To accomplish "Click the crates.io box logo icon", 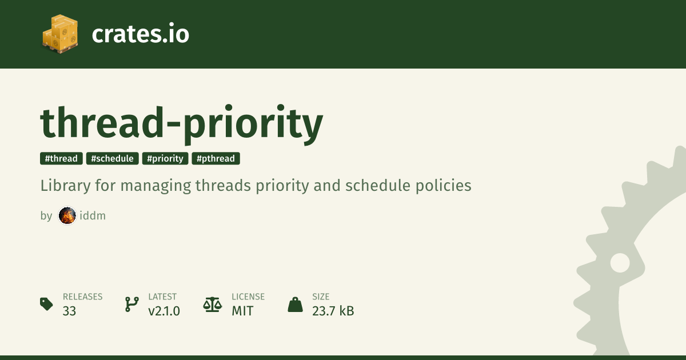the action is [x=60, y=34].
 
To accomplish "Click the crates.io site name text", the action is [x=141, y=34].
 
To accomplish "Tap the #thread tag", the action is [x=61, y=159].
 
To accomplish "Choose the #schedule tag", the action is [x=113, y=159].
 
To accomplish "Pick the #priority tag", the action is [x=165, y=159].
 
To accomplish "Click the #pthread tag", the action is [x=216, y=159].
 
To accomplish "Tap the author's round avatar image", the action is [x=67, y=215].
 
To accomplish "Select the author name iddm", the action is [x=93, y=215].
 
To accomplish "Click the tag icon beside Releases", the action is [x=46, y=304].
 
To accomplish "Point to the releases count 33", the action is [x=69, y=311].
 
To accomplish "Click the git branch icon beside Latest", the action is [x=132, y=304].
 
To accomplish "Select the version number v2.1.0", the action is [x=164, y=311].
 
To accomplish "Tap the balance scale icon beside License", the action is [x=213, y=305].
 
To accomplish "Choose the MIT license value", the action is [x=242, y=311].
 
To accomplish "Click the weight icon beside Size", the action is [x=295, y=305].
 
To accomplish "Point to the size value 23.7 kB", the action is [x=333, y=311].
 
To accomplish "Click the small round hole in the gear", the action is [x=620, y=263].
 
